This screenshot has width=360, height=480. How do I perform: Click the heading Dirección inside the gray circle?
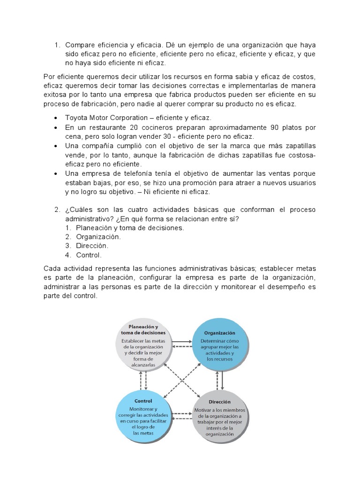point(219,402)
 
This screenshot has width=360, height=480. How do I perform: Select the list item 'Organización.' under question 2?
point(98,237)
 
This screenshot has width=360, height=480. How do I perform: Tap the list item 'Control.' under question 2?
point(88,255)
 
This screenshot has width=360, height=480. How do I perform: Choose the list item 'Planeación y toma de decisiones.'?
point(130,227)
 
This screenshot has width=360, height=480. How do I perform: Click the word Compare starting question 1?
point(80,45)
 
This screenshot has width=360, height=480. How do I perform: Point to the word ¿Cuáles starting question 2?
point(80,209)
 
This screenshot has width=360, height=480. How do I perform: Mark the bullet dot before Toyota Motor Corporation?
point(56,118)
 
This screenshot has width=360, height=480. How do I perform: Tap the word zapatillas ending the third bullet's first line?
point(300,146)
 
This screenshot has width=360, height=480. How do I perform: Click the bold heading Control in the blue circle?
point(143,401)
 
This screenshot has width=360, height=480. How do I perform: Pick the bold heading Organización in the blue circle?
point(219,332)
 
